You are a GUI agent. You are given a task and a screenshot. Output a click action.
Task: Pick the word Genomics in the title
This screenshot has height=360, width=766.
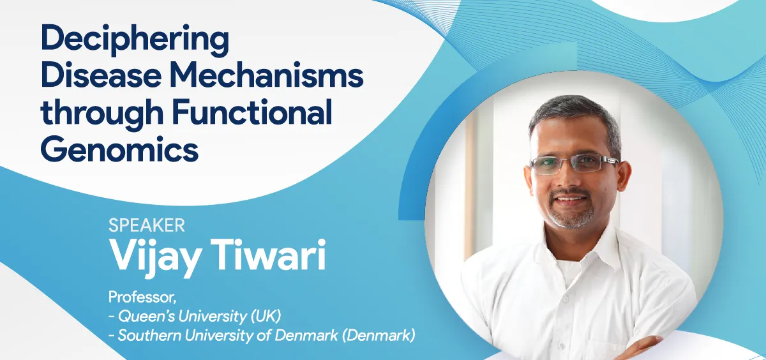click(x=119, y=150)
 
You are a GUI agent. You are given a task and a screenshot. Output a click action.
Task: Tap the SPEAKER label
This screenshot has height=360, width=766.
click(x=147, y=225)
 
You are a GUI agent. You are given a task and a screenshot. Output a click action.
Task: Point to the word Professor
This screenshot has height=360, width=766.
click(x=142, y=297)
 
